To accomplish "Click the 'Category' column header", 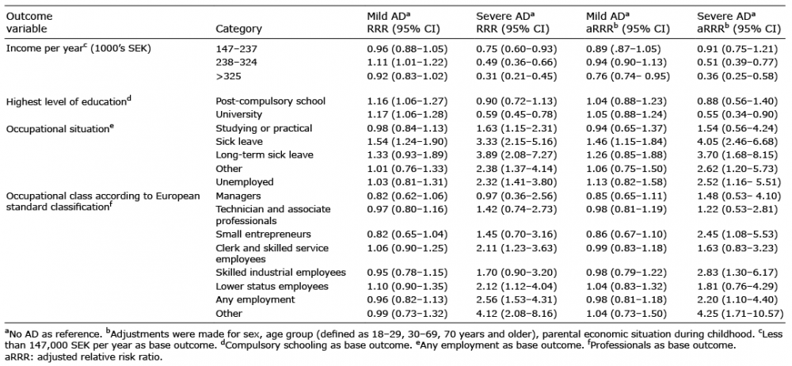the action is (239, 29).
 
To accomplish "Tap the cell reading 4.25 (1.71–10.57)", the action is (741, 314).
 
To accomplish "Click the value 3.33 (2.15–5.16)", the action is (516, 142).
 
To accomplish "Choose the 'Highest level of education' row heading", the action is (67, 101).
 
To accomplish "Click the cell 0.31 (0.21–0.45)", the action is (516, 77).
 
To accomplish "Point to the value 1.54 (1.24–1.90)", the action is (407, 142).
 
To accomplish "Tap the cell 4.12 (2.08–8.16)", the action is (516, 314).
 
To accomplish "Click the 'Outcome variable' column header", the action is (29, 23).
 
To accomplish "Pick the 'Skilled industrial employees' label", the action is (281, 273).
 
